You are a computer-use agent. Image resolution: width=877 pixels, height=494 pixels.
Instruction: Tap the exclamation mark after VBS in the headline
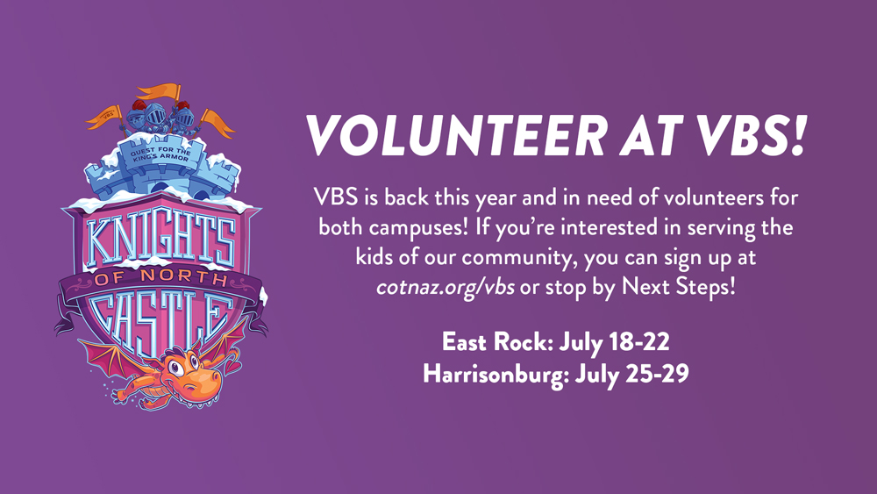797,135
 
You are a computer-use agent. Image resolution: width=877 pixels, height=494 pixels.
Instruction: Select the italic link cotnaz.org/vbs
446,287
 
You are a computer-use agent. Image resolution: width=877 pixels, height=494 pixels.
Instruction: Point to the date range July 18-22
614,341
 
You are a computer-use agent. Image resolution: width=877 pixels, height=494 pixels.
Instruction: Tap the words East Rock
496,341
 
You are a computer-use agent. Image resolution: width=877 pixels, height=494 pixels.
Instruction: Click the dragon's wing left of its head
113,359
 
